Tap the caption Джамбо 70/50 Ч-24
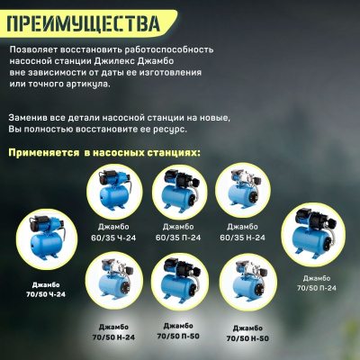43,289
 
